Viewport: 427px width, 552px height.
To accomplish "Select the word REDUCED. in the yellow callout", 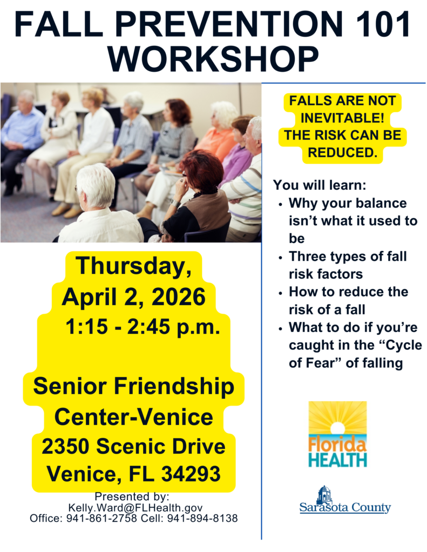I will [x=342, y=152].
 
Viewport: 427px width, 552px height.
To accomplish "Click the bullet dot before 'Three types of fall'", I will [x=280, y=258].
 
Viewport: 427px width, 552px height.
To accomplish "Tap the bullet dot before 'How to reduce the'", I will [x=280, y=293].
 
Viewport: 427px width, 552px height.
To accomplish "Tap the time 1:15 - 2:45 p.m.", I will [x=143, y=327].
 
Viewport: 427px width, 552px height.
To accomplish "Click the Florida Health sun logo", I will [x=337, y=434].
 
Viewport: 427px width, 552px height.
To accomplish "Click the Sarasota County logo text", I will [x=345, y=507].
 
